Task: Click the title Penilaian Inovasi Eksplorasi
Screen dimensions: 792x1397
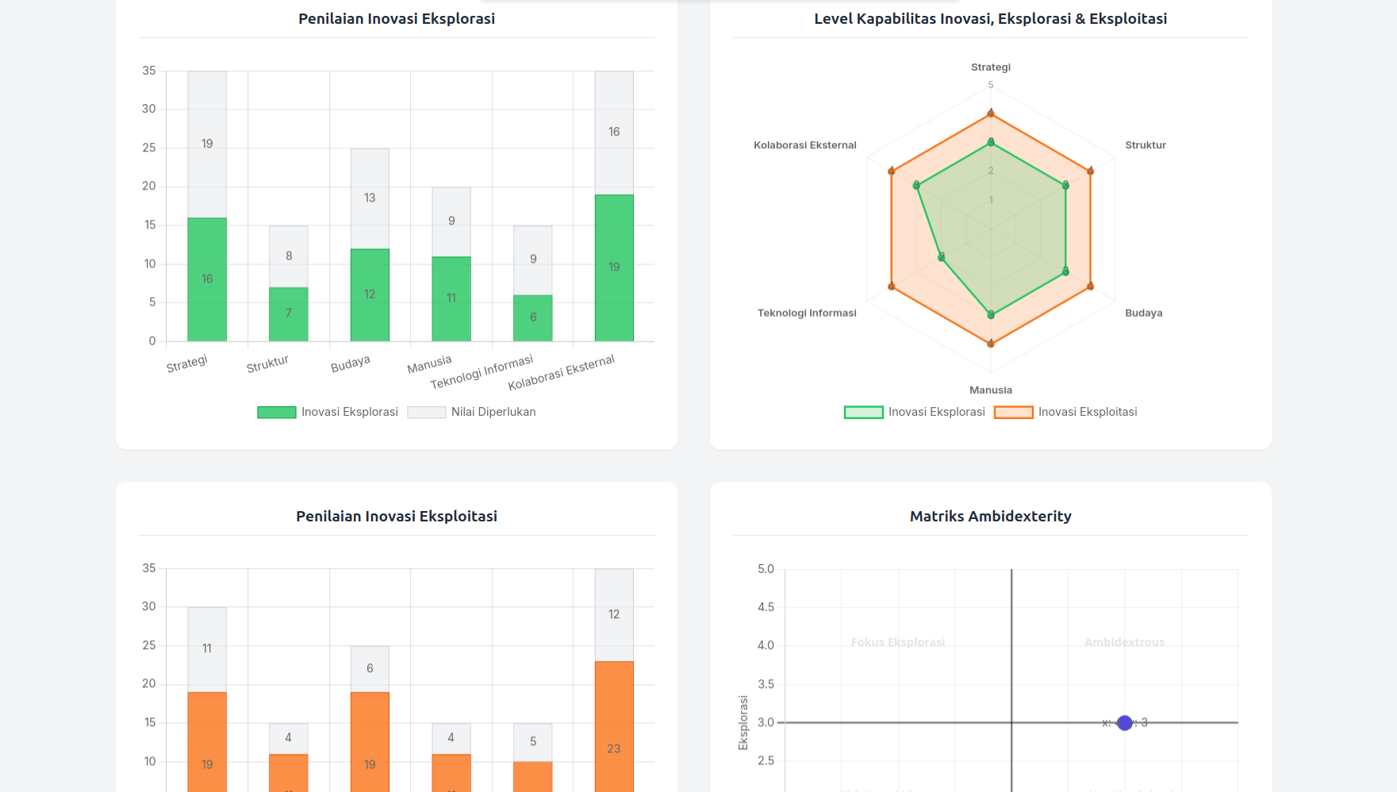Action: point(396,18)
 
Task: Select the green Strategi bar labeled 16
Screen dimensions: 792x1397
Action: point(207,279)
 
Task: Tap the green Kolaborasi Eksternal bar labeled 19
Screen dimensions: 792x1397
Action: point(614,267)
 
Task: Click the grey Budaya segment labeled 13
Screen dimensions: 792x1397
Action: point(370,198)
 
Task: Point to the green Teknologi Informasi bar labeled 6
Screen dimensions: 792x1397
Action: point(533,317)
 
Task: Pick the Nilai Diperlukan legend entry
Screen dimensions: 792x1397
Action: point(472,412)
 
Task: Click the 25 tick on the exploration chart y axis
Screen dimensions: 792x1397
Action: point(149,148)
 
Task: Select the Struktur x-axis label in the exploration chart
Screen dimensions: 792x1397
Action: point(267,364)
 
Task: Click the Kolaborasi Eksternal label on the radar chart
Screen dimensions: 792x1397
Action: point(804,145)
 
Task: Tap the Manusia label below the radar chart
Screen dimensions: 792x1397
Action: point(990,390)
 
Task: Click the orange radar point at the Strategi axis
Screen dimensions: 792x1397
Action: point(990,113)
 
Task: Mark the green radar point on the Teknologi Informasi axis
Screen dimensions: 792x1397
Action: point(942,257)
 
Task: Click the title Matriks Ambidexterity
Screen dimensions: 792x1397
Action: point(990,516)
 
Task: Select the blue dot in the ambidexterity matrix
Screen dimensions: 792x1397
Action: point(1124,723)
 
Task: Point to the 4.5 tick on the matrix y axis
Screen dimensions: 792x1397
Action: point(766,607)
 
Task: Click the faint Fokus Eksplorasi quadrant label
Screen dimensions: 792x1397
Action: point(897,642)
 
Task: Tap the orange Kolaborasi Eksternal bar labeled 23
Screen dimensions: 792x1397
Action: point(614,748)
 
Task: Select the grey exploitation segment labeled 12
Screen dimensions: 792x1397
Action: point(614,614)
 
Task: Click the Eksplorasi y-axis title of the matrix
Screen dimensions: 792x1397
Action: point(743,722)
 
